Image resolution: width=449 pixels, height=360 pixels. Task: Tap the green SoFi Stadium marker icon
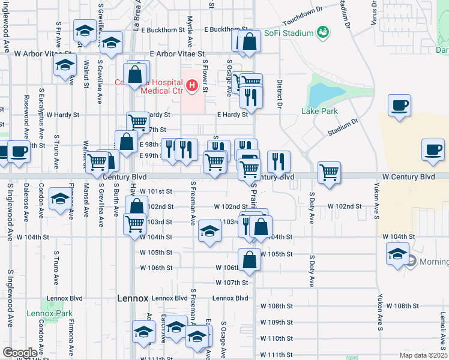[x=323, y=31]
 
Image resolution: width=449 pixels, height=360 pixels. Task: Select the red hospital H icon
[x=192, y=86]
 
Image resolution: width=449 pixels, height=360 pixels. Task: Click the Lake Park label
[x=319, y=111]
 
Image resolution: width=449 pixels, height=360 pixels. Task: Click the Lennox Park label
[x=49, y=313]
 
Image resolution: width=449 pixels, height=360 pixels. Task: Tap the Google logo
[x=20, y=353]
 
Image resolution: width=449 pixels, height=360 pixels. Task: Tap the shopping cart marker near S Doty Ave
[x=330, y=172]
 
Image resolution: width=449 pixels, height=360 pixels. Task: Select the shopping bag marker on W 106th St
[x=250, y=260]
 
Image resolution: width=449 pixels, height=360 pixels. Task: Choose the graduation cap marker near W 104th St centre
[x=209, y=232]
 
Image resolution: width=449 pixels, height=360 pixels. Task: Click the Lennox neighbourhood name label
[x=132, y=298]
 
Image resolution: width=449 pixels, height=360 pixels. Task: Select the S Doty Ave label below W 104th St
[x=312, y=269]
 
